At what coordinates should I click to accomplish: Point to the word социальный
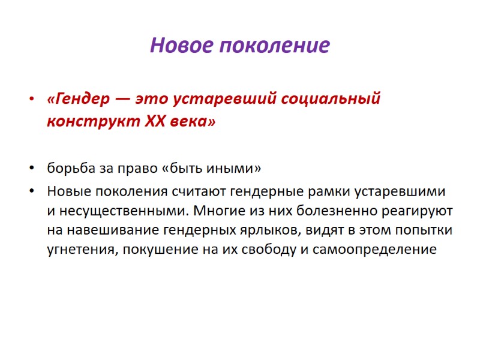click(x=329, y=98)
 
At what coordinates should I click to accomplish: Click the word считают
click(x=233, y=192)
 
